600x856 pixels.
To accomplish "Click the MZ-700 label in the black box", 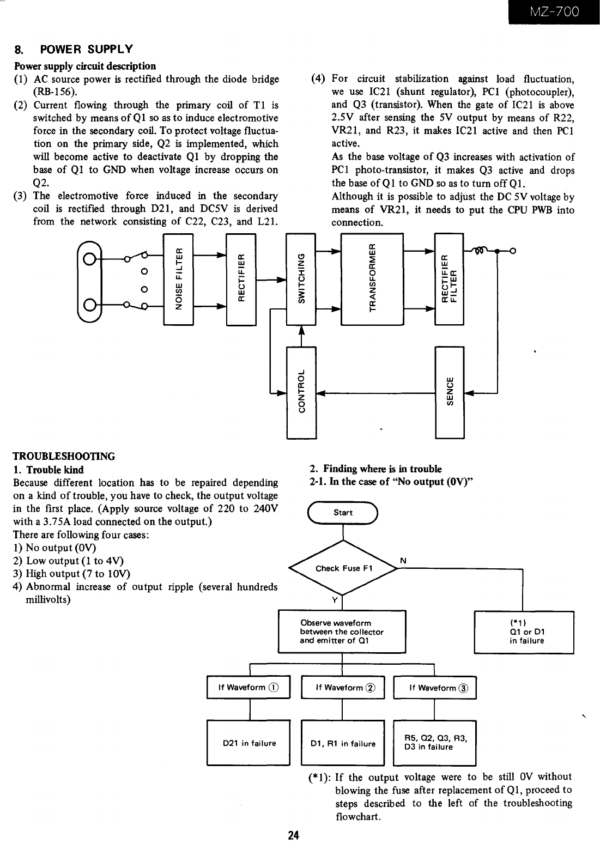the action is point(554,11).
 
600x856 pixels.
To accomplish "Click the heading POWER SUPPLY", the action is point(86,49).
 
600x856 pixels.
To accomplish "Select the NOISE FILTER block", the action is point(178,280).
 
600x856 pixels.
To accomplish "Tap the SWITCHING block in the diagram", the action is point(301,280).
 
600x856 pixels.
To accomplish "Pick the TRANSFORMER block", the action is point(372,280).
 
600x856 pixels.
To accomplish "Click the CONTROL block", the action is point(301,392).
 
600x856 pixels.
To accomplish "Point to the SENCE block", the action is point(450,392).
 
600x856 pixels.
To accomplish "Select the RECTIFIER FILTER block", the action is point(449,280).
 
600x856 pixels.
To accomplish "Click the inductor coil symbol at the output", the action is point(480,251).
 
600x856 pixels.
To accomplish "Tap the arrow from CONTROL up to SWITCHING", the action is point(301,336).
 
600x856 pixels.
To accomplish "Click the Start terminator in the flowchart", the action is point(343,513).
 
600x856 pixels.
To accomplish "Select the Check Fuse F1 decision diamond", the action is point(343,568).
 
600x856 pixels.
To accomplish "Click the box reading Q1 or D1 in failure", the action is point(524,633).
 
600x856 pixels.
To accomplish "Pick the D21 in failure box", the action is point(249,743).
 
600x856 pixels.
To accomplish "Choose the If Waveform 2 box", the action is point(343,688).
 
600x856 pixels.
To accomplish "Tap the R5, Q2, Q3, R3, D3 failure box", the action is point(434,743).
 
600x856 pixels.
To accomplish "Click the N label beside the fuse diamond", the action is point(403,561).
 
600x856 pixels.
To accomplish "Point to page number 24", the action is point(294,835).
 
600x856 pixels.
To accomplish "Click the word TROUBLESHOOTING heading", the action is point(64,456).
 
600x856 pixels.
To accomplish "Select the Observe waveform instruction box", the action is point(342,632).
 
